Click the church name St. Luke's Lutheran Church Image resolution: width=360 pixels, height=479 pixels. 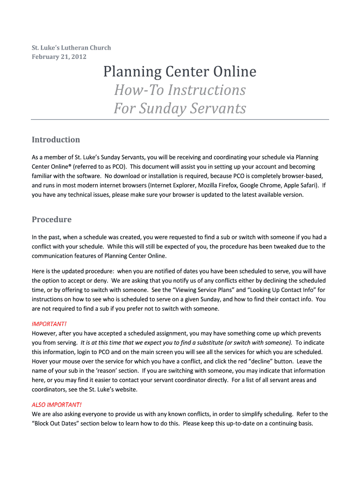point(71,48)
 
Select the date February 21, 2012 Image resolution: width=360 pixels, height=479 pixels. point(59,57)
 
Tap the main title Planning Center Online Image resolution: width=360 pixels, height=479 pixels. point(180,72)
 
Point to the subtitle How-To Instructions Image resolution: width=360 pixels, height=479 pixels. point(180,90)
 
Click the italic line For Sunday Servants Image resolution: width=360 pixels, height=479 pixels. point(180,109)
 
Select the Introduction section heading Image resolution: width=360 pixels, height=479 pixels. point(56,140)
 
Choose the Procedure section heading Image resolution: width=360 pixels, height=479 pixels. point(51,219)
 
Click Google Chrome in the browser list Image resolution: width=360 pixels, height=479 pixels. point(261,185)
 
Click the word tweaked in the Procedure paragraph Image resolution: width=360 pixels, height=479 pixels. point(275,247)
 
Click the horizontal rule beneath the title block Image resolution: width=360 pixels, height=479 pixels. point(180,120)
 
